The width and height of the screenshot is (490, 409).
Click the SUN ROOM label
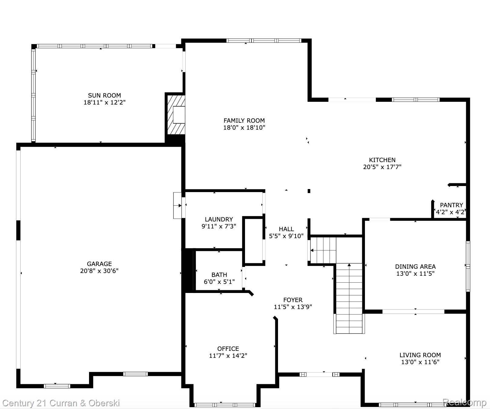coord(104,95)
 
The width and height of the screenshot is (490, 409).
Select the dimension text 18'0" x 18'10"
coord(244,128)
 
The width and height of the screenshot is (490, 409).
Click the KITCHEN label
coord(382,160)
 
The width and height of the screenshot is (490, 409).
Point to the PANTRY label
coord(451,205)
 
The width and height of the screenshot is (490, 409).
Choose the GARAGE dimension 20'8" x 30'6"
coord(99,271)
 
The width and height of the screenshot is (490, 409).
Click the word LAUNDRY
coord(219,219)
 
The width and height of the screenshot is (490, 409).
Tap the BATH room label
coord(219,275)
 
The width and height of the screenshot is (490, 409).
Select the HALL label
coord(286,229)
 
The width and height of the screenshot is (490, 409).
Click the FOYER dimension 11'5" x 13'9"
coord(293,307)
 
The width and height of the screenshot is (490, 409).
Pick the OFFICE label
coord(228,349)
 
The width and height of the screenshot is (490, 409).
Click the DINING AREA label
coord(415,267)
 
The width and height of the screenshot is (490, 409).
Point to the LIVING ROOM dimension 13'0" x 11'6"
coord(420,362)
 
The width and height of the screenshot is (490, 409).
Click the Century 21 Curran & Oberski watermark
coord(61,403)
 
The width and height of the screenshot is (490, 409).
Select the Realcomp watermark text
coord(464,402)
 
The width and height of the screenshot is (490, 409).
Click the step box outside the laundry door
coord(177,205)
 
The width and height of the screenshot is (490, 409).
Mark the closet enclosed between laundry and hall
coord(253,240)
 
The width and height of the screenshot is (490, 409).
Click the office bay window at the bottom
coord(225,405)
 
